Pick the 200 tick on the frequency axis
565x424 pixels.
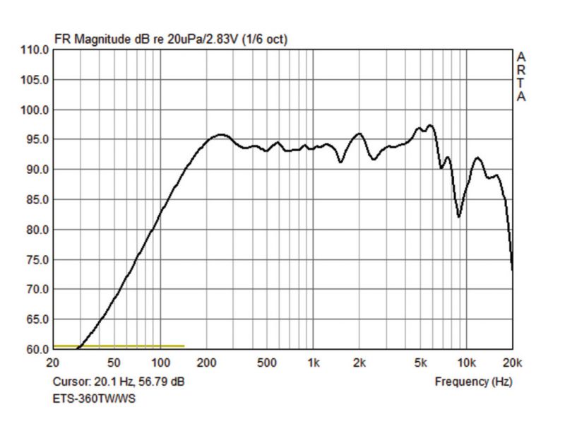[x=206, y=363]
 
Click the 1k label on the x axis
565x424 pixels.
[x=313, y=363]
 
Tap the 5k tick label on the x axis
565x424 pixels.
[x=420, y=363]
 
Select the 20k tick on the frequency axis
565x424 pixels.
[x=512, y=363]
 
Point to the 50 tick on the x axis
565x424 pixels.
[x=114, y=363]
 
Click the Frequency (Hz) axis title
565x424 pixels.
[x=473, y=382]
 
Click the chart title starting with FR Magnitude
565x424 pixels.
[x=171, y=39]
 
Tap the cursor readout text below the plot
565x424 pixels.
[x=119, y=382]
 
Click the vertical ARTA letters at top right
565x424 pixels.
[x=521, y=76]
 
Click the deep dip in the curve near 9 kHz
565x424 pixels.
[x=458, y=216]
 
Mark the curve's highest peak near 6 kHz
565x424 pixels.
[x=430, y=126]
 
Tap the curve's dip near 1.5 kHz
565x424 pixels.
[x=340, y=162]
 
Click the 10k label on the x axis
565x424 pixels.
[x=466, y=363]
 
